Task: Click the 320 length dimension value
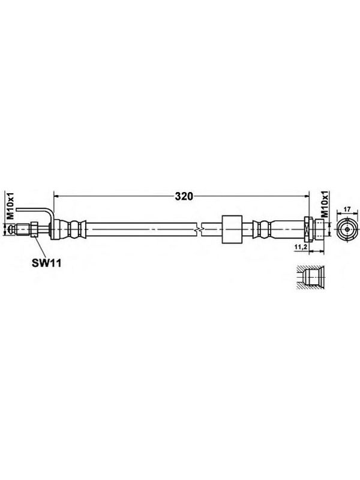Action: tap(184, 196)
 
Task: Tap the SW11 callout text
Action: tap(47, 263)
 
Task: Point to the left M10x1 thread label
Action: tap(11, 206)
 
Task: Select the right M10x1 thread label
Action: tap(325, 204)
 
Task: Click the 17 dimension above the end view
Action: tap(347, 209)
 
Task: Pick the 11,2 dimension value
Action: tap(300, 247)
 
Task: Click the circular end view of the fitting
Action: tap(347, 229)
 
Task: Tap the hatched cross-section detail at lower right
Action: tap(308, 277)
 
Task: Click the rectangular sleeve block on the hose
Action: tap(232, 229)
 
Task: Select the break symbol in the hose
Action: tap(199, 229)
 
